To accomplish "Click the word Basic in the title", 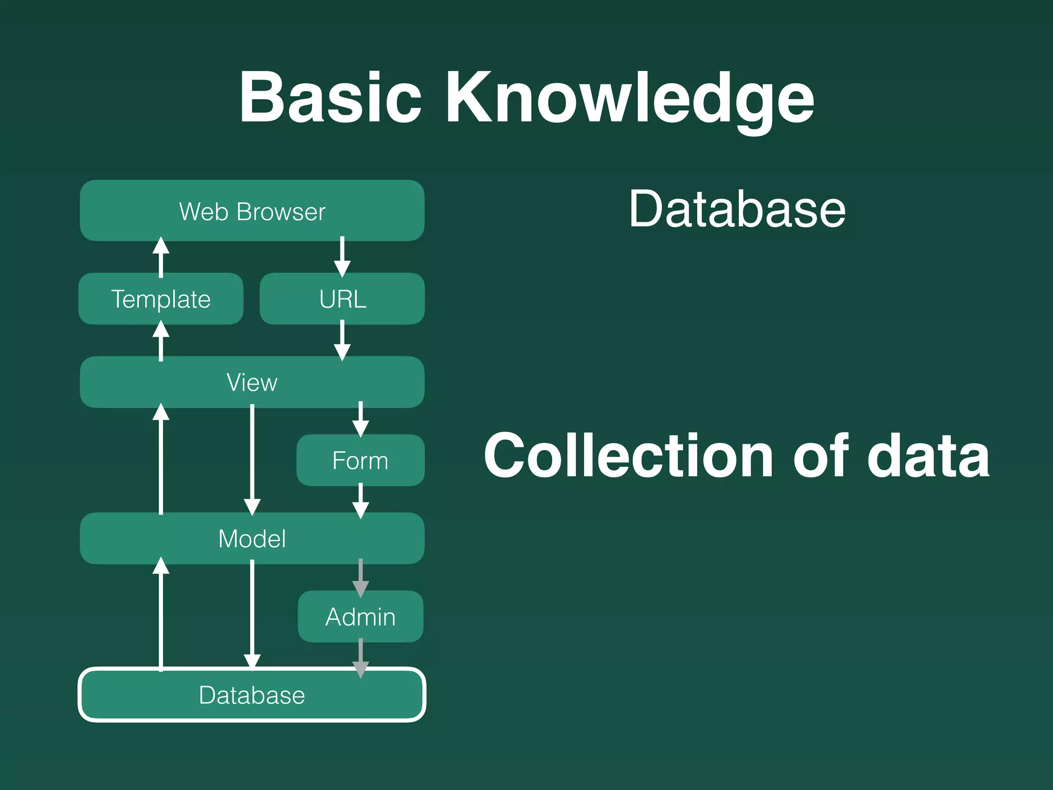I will [330, 98].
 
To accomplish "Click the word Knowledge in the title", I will [630, 100].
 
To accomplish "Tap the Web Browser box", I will [252, 211].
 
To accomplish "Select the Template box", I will [161, 299].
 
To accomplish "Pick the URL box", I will [342, 299].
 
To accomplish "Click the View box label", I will [252, 382].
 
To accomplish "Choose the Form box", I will [360, 460].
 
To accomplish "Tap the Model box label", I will [252, 538].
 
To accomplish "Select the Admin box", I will [360, 617].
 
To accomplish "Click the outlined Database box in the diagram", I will [252, 695].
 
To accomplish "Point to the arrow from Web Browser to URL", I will [342, 257].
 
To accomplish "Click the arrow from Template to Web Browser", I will [161, 257].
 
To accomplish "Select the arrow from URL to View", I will [342, 340].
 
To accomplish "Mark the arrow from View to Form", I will [360, 420].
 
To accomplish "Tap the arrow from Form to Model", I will [360, 500].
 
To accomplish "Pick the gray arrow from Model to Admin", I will [360, 578].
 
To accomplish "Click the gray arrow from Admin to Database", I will [360, 657].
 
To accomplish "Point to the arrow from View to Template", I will [161, 340].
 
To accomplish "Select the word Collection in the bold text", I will [628, 456].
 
